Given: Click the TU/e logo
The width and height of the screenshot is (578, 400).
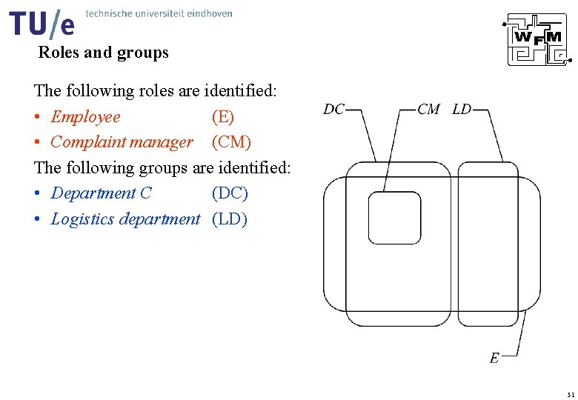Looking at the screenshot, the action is pos(42,24).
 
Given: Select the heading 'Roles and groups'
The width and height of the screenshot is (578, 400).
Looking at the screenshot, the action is pos(103,53).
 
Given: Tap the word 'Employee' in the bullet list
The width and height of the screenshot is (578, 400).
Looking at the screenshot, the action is pos(85,117).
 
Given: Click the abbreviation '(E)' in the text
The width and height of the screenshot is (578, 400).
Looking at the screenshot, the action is pos(222,117).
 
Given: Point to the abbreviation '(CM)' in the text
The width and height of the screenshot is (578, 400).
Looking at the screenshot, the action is pos(231,142).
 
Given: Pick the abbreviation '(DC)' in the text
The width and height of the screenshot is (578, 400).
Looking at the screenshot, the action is pos(230,193).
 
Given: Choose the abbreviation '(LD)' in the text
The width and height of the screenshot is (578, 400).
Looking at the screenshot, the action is pos(230,219).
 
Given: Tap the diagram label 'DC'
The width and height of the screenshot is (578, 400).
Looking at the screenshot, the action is pos(334,110).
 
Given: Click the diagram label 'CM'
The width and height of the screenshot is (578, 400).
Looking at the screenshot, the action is pos(429,110).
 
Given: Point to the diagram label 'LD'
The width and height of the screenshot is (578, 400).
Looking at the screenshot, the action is pos(462,110).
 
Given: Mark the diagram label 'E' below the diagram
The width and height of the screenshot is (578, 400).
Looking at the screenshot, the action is pos(494,359).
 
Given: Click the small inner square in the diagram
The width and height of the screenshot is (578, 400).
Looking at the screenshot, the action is pos(395,218).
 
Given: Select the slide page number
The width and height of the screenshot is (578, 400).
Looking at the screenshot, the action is pos(569,393).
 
